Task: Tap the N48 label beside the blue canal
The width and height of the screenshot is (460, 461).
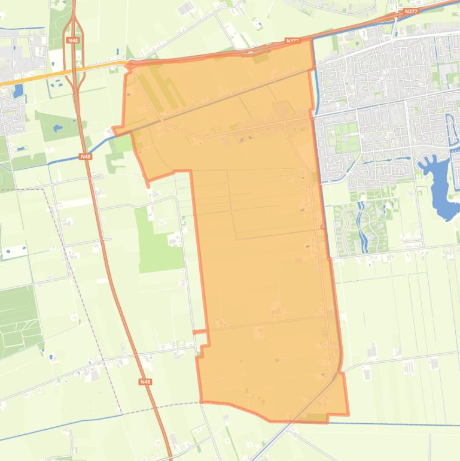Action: [86, 157]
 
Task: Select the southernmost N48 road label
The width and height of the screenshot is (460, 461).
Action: [145, 381]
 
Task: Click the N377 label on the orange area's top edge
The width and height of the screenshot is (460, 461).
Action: [292, 41]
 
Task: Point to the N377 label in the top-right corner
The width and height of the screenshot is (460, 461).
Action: [411, 11]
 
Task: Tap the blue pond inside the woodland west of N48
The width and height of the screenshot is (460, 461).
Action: [57, 128]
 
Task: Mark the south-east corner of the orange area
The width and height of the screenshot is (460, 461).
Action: [348, 414]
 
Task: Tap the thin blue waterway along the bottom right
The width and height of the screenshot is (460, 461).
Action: [407, 424]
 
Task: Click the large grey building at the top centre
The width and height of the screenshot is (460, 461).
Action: [185, 8]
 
